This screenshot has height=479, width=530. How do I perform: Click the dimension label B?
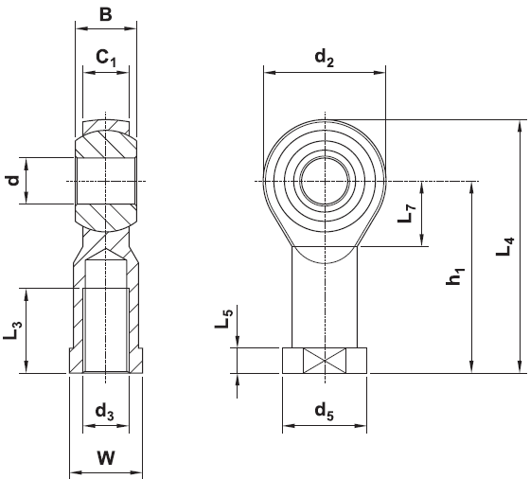point(106,14)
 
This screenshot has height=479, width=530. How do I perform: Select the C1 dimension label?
point(106,58)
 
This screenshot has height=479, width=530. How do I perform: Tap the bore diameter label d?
point(13,181)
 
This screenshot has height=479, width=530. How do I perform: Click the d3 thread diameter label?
point(104,412)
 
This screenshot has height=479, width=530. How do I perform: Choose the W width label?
point(106,458)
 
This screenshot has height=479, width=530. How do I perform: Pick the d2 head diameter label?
point(324,58)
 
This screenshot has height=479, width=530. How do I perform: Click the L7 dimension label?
point(406,213)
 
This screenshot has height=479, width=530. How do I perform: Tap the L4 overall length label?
point(504,246)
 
